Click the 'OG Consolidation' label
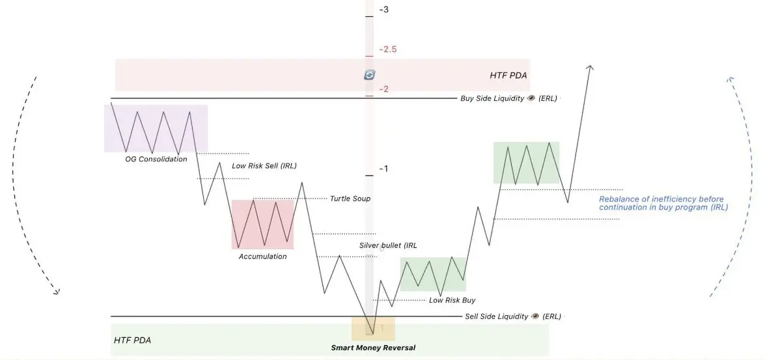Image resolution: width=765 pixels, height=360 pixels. pyautogui.click(x=156, y=159)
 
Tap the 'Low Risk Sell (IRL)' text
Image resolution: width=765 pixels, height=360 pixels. pyautogui.click(x=264, y=166)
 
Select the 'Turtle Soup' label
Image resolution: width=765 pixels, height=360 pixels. pyautogui.click(x=350, y=199)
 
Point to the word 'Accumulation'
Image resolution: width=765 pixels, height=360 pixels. pyautogui.click(x=262, y=256)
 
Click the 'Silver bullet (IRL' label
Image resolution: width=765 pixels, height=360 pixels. pyautogui.click(x=388, y=245)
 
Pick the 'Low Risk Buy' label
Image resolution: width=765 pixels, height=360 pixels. pyautogui.click(x=452, y=300)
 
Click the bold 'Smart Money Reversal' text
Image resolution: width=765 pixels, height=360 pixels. pyautogui.click(x=373, y=348)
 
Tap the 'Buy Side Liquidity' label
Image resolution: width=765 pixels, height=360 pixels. pyautogui.click(x=492, y=98)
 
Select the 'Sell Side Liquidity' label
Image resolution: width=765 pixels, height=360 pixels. pyautogui.click(x=497, y=316)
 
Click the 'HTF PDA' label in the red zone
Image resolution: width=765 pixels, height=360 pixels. pyautogui.click(x=508, y=76)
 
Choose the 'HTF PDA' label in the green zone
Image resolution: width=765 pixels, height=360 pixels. pyautogui.click(x=132, y=340)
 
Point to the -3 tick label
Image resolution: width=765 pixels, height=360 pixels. pyautogui.click(x=384, y=9)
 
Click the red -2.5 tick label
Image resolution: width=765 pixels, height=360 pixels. pyautogui.click(x=388, y=49)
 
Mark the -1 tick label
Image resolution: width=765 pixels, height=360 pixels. pyautogui.click(x=384, y=169)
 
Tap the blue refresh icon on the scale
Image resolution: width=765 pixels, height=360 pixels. pyautogui.click(x=370, y=75)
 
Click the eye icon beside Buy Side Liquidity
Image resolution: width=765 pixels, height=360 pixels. pyautogui.click(x=531, y=98)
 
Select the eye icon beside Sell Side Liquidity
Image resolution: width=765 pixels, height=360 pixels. pyautogui.click(x=536, y=316)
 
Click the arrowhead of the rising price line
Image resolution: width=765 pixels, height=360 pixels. pyautogui.click(x=591, y=68)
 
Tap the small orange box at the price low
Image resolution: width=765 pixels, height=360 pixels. pyautogui.click(x=373, y=329)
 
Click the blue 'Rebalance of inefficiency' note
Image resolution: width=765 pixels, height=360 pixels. pyautogui.click(x=663, y=203)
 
